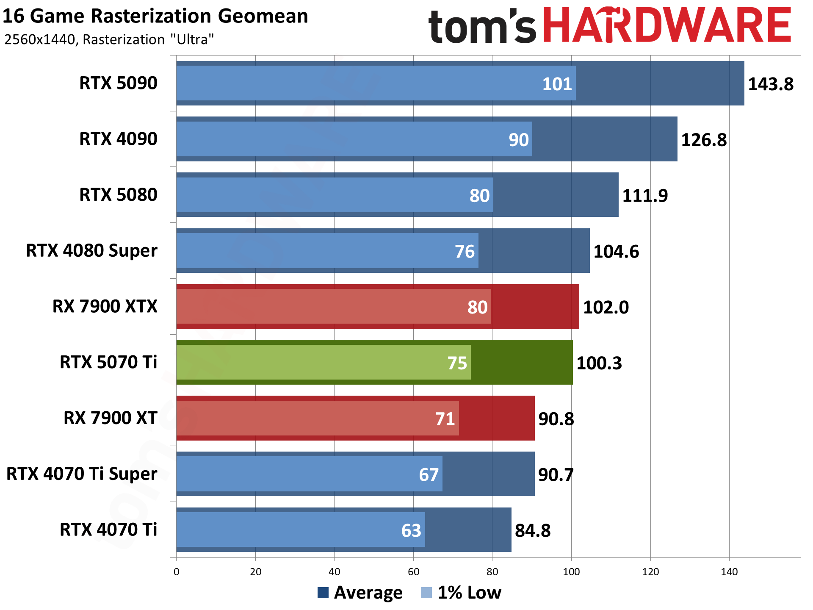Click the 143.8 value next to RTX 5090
[770, 84]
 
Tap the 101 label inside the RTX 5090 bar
[557, 84]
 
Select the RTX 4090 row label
[118, 139]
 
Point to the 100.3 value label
[599, 363]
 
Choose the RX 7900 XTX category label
[105, 306]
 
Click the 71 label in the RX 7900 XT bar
[445, 419]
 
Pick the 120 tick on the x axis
[650, 572]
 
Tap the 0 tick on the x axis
[177, 572]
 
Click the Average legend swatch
[323, 593]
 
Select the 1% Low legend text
[469, 593]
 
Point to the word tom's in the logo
[482, 26]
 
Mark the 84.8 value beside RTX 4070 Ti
[532, 530]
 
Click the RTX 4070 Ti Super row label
[82, 474]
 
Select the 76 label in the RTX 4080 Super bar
[465, 252]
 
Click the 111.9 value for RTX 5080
[644, 196]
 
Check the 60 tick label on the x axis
[413, 572]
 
